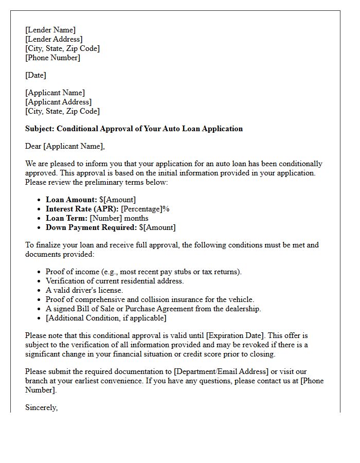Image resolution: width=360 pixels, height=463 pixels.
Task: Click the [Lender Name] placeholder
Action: pos(50,30)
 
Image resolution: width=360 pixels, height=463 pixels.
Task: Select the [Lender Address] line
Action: pos(53,39)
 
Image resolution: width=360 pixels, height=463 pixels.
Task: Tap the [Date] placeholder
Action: pos(35,75)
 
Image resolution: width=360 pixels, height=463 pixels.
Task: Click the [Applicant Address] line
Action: pos(59,102)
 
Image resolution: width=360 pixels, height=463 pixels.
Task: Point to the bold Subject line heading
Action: pos(134,129)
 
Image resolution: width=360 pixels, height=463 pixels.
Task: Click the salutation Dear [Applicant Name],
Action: pos(65,146)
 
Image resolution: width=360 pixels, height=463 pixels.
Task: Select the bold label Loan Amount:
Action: pos(71,200)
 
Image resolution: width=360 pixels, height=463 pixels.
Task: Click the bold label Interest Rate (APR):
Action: pos(82,209)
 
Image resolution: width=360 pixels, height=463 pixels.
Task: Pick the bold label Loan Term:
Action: pos(67,218)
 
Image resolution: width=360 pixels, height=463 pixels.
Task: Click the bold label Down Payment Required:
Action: pos(91,227)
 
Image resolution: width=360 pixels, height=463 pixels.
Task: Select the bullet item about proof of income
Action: pos(143,272)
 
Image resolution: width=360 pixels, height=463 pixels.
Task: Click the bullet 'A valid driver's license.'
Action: pos(88,290)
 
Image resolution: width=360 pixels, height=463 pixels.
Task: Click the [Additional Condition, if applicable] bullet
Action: pos(106,318)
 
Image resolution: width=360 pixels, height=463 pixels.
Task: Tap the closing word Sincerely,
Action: pos(42,407)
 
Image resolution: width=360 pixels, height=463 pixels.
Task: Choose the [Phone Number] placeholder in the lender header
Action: pos(52,58)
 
